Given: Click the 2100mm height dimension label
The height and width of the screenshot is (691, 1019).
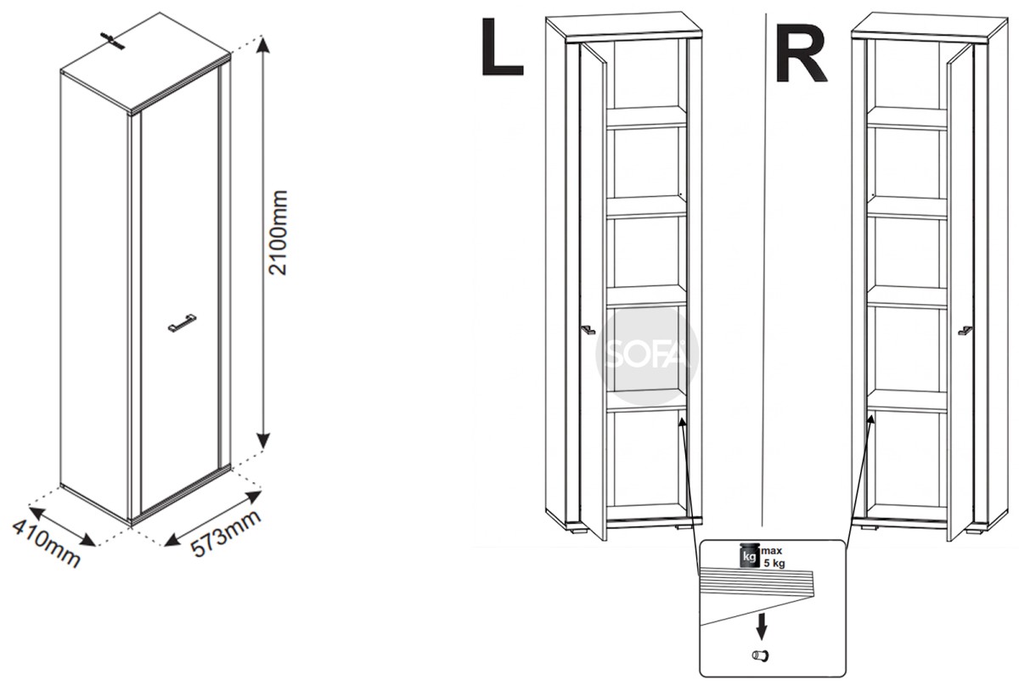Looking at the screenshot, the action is (279, 233).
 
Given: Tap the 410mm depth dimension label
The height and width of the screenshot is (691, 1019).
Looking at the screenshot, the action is (46, 543).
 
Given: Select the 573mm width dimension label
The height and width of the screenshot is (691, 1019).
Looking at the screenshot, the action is (225, 533).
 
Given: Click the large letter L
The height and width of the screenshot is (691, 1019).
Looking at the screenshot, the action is (502, 47).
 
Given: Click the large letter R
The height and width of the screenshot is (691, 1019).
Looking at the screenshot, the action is (801, 53).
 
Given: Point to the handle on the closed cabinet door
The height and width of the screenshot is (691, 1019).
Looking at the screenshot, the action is (182, 323).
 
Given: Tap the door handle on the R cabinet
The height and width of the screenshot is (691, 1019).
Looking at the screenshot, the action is (966, 331).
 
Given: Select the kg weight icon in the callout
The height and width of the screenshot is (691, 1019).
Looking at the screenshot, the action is (748, 554).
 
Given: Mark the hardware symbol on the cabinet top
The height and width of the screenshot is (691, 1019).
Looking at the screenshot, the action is (113, 42).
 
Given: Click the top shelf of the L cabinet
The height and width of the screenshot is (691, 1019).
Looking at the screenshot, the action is (646, 117).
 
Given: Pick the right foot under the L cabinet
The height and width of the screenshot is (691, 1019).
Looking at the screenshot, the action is (684, 527).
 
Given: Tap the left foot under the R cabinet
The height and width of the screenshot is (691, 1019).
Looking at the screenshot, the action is (870, 528).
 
